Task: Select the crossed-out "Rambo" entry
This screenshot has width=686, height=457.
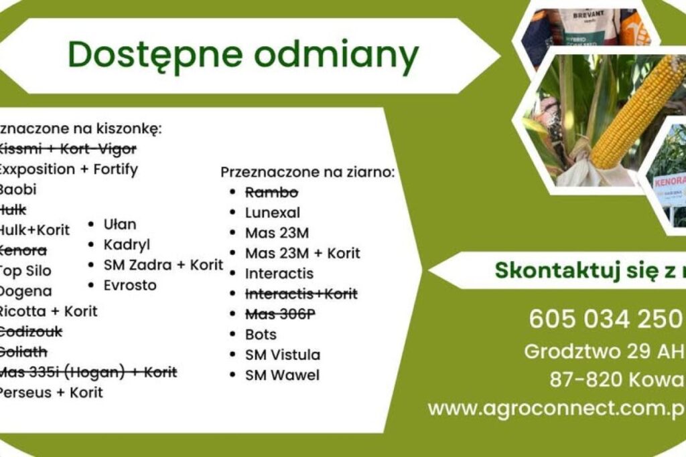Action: pyautogui.click(x=271, y=193)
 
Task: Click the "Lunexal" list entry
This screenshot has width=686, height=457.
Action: pyautogui.click(x=272, y=213)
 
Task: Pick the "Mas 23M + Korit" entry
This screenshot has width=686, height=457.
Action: pyautogui.click(x=302, y=254)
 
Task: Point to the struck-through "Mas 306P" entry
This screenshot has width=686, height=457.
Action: pyautogui.click(x=279, y=314)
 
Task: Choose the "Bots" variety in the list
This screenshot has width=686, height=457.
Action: pyautogui.click(x=261, y=334)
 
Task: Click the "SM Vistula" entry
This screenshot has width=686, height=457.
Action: pyautogui.click(x=282, y=355)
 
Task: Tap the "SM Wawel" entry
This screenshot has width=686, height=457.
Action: pyautogui.click(x=282, y=375)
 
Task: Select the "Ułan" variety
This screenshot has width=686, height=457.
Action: pyautogui.click(x=120, y=224)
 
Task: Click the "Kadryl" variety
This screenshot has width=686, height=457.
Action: pyautogui.click(x=127, y=244)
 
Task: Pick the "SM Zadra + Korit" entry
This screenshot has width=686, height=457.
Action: pyautogui.click(x=163, y=265)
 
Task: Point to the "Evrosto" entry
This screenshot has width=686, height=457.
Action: pyautogui.click(x=130, y=285)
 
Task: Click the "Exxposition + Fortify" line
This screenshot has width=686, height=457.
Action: pyautogui.click(x=68, y=169)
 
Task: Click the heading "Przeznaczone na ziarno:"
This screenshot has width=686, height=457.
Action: pyautogui.click(x=307, y=172)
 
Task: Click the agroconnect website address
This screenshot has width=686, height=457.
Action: pyautogui.click(x=556, y=407)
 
